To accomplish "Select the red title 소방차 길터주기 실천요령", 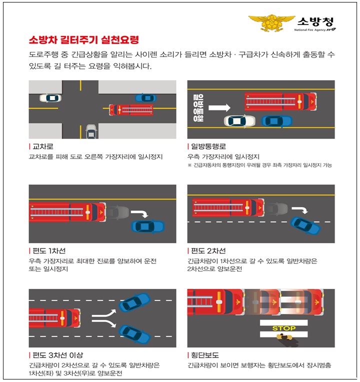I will point(83,39).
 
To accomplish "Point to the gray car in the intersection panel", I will point(91,131).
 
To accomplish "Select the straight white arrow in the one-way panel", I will point(219,107).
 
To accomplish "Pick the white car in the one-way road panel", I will point(239,121).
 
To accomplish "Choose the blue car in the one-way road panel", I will point(276,121).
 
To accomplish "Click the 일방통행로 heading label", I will point(208,146).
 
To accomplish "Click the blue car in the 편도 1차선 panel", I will point(147,226).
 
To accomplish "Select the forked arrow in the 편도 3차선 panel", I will point(106,318).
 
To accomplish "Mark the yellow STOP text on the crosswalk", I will point(283,328).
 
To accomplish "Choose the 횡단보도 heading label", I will point(205,355).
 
